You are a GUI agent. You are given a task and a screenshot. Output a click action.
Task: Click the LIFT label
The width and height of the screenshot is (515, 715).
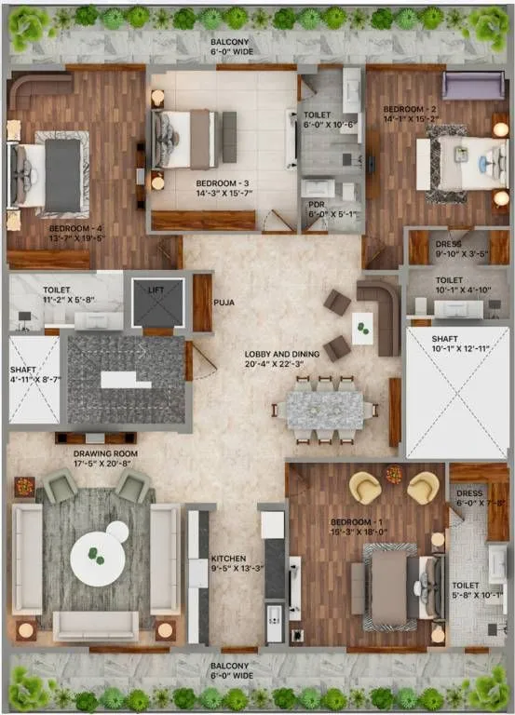(155, 290)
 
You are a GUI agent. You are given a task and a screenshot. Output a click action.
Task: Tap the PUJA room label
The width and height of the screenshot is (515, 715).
(224, 301)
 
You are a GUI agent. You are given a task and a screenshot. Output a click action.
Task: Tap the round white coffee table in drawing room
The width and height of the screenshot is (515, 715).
(98, 557)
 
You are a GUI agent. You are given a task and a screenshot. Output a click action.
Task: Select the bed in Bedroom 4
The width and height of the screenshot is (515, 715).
(51, 174)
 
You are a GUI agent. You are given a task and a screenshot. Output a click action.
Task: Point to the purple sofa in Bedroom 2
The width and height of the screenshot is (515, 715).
(472, 85)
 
